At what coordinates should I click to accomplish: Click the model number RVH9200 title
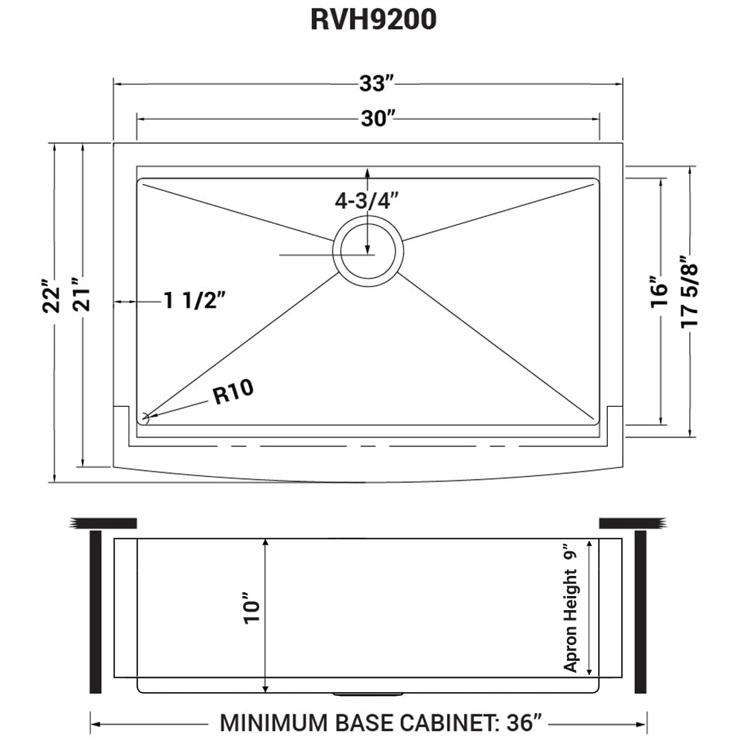pyautogui.click(x=372, y=20)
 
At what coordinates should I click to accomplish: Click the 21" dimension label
pyautogui.click(x=82, y=297)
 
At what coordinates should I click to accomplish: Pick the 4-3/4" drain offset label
pyautogui.click(x=367, y=200)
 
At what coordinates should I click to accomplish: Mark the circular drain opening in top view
pyautogui.click(x=368, y=248)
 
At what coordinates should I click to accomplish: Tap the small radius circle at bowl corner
pyautogui.click(x=145, y=419)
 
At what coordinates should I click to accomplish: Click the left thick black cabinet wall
pyautogui.click(x=95, y=612)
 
